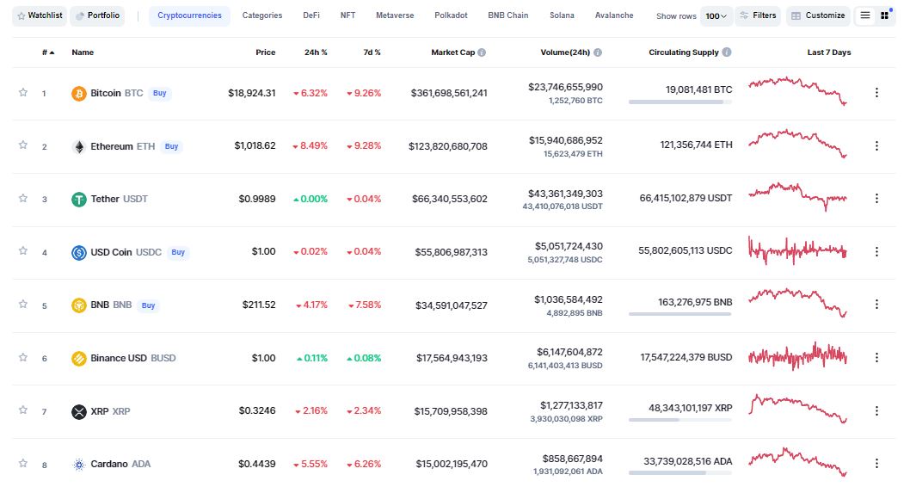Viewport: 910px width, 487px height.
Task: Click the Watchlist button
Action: coord(39,15)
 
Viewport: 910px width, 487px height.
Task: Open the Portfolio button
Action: coord(96,15)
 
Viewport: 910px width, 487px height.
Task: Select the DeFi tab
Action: coord(311,15)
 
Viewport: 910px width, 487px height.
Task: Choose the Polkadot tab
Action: coord(451,15)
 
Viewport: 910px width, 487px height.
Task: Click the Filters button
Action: coord(758,15)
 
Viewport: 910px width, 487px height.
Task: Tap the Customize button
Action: coord(818,15)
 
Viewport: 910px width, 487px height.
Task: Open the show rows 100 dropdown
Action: coord(716,15)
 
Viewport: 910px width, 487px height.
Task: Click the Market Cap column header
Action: coord(453,52)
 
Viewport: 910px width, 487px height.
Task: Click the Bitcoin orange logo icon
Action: coord(78,92)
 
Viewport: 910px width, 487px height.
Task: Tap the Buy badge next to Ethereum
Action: coord(171,146)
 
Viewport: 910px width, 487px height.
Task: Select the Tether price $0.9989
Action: coord(258,199)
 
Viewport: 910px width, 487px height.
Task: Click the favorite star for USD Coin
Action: coord(23,251)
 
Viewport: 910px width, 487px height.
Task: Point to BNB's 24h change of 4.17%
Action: coord(311,305)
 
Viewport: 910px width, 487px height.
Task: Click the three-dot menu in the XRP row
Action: coord(876,411)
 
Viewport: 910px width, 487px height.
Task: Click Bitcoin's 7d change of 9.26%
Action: coord(364,93)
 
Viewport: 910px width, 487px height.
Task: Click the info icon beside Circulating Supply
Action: coord(727,52)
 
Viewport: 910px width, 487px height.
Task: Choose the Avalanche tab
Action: coord(614,15)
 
